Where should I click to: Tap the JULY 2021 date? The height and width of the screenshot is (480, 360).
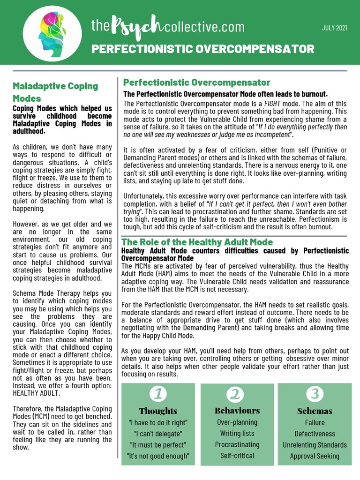coord(334,28)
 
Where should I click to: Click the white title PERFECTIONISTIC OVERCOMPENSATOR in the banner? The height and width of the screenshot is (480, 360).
coord(202,49)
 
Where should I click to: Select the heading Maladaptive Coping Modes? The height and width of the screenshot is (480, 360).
coord(55,92)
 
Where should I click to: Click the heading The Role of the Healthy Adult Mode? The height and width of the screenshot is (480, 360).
coord(197,242)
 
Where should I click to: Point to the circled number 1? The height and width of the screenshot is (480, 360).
coord(158,394)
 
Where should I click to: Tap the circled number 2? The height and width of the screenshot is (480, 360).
coord(237,394)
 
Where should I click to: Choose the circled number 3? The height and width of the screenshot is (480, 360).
coord(315,394)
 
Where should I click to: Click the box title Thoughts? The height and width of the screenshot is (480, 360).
coord(158,411)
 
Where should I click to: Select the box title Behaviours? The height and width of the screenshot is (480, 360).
coord(237,411)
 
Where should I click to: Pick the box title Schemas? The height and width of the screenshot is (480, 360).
coord(315,411)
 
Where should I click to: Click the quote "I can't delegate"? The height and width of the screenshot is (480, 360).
coord(158,434)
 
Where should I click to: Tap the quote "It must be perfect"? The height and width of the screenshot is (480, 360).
coord(158,445)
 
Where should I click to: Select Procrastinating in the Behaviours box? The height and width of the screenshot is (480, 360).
coord(237,444)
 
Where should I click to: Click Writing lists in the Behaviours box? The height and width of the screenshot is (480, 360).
coord(237,433)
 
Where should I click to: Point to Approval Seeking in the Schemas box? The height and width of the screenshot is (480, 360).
coord(315,456)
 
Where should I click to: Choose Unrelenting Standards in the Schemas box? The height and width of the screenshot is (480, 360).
coord(315,445)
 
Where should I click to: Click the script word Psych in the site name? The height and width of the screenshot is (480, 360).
coord(138,28)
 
